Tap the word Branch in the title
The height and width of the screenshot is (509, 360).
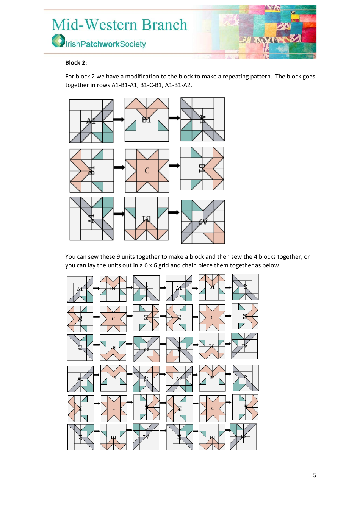coord(164,25)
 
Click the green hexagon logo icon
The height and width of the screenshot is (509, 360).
coord(58,41)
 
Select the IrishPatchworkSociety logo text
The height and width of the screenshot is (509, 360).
coord(105,44)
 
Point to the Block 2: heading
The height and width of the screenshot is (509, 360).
coord(76,63)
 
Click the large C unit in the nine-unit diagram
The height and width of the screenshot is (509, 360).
coord(147,171)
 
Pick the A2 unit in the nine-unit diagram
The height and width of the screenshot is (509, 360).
coord(203,222)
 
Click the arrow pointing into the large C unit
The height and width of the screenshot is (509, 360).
coord(119,167)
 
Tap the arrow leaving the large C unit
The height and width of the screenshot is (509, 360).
coord(174,166)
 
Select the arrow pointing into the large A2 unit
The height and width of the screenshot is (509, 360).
coord(174,212)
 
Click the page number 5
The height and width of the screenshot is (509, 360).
coord(315,475)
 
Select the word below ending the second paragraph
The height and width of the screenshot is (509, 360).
coord(272,265)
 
